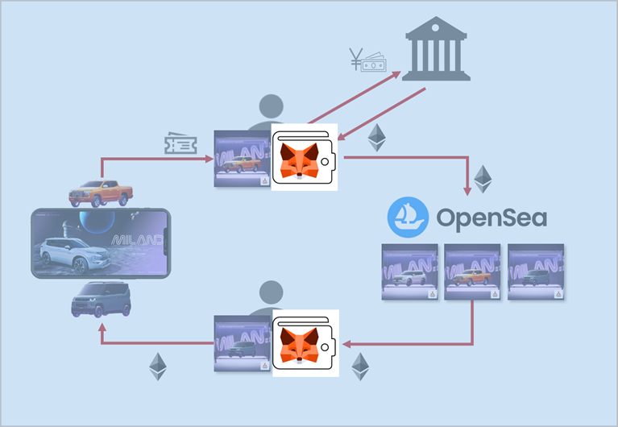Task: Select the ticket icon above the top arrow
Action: [178, 144]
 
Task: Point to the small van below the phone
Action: [99, 300]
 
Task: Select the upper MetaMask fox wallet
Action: [305, 158]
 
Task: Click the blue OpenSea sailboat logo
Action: [406, 218]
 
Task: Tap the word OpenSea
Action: [491, 218]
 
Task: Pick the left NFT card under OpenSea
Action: [409, 272]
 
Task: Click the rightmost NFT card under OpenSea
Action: [536, 272]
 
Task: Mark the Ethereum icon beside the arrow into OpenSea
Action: [482, 179]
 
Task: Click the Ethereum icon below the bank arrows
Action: [376, 138]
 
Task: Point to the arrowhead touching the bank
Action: [397, 75]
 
